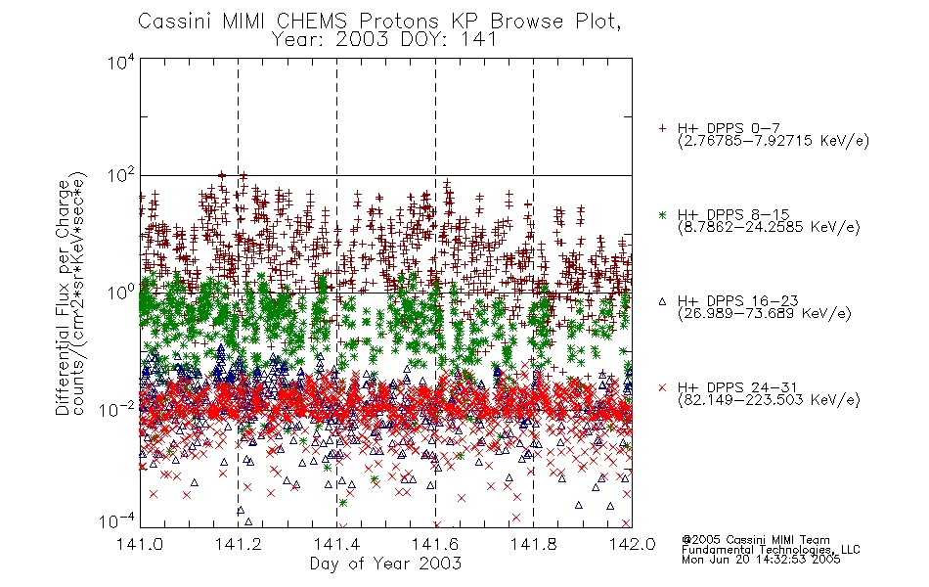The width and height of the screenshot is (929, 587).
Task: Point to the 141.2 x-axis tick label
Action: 239,544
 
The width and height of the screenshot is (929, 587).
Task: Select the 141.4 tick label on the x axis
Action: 336,544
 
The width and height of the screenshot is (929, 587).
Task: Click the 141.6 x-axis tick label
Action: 435,544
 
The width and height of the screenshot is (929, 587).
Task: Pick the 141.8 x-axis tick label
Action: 534,544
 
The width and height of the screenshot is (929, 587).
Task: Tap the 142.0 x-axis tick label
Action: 632,544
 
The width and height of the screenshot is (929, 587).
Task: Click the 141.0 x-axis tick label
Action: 140,544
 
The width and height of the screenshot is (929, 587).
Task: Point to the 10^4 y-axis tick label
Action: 120,62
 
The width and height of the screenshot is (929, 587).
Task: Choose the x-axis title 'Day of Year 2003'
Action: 385,564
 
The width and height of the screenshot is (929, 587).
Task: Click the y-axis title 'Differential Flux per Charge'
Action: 63,297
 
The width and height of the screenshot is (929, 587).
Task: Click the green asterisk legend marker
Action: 662,215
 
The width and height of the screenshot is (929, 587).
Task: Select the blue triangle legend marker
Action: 662,301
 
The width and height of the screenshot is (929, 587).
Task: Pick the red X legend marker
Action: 662,387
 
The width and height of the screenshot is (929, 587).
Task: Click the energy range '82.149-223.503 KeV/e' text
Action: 769,400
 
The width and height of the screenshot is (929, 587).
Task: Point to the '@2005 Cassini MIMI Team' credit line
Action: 755,540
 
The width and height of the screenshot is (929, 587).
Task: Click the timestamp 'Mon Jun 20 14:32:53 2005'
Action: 761,560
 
